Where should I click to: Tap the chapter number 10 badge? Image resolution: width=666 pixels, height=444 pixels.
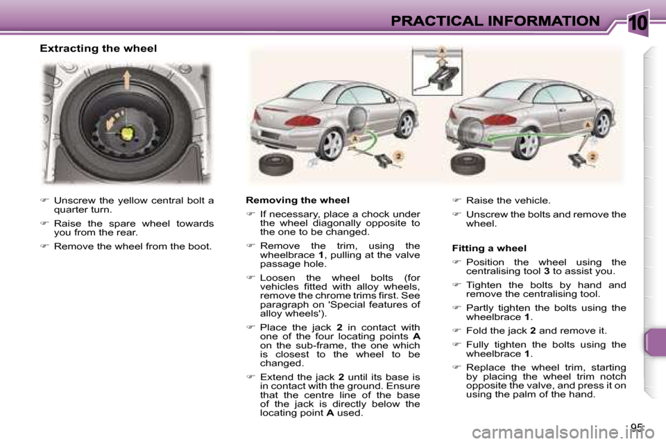pyautogui.click(x=638, y=22)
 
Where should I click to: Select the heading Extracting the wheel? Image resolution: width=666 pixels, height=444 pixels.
pyautogui.click(x=98, y=49)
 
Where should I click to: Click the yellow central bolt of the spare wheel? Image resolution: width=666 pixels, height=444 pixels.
pyautogui.click(x=127, y=133)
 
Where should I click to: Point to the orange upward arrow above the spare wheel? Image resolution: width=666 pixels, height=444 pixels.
pyautogui.click(x=126, y=80)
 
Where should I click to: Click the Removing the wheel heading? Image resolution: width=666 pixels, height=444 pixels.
pyautogui.click(x=298, y=200)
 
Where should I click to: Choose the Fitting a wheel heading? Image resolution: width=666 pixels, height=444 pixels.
pyautogui.click(x=489, y=248)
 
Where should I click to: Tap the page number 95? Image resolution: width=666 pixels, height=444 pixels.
pyautogui.click(x=636, y=427)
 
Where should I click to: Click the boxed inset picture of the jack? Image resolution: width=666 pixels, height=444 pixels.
pyautogui.click(x=437, y=71)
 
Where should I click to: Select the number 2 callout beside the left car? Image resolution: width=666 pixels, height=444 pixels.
pyautogui.click(x=398, y=157)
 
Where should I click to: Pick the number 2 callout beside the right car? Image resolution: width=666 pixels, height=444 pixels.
pyautogui.click(x=593, y=157)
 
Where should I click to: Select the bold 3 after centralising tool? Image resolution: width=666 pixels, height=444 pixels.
pyautogui.click(x=546, y=271)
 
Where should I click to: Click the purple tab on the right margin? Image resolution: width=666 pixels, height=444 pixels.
pyautogui.click(x=654, y=342)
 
